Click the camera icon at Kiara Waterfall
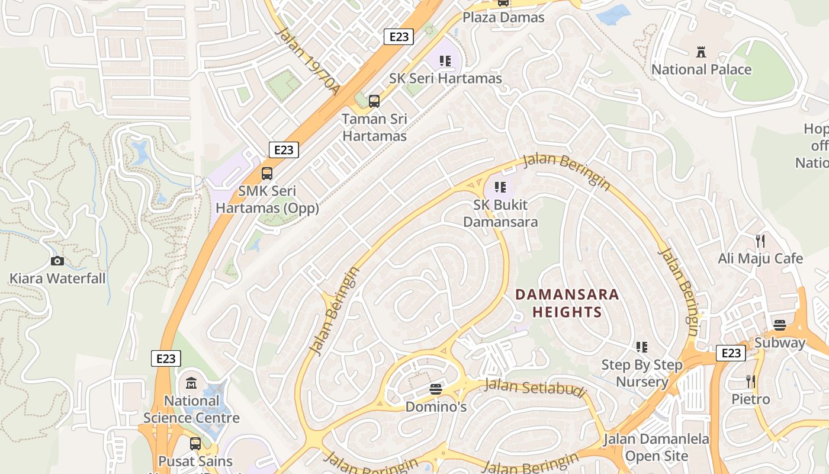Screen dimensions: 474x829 [57, 261]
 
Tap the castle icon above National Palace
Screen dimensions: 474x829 [701, 52]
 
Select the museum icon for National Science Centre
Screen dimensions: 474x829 [191, 383]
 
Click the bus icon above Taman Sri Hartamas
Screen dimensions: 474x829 [374, 101]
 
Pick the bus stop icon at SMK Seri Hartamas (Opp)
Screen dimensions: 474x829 [267, 174]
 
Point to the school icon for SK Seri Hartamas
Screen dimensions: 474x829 [445, 60]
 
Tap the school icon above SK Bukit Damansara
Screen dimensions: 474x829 [500, 187]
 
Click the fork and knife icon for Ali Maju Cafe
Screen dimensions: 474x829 [760, 241]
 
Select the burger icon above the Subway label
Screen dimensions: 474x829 [779, 325]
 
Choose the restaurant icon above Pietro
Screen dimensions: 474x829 [750, 381]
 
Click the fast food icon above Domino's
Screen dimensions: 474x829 [436, 389]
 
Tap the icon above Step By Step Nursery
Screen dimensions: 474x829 [642, 347]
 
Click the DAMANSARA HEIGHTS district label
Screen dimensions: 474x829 [567, 303]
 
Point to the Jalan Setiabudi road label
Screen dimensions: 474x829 [535, 388]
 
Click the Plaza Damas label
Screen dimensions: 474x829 [503, 17]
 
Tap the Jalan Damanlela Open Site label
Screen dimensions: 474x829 [656, 448]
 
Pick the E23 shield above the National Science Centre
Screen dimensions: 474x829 [166, 358]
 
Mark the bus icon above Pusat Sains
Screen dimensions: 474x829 [195, 443]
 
